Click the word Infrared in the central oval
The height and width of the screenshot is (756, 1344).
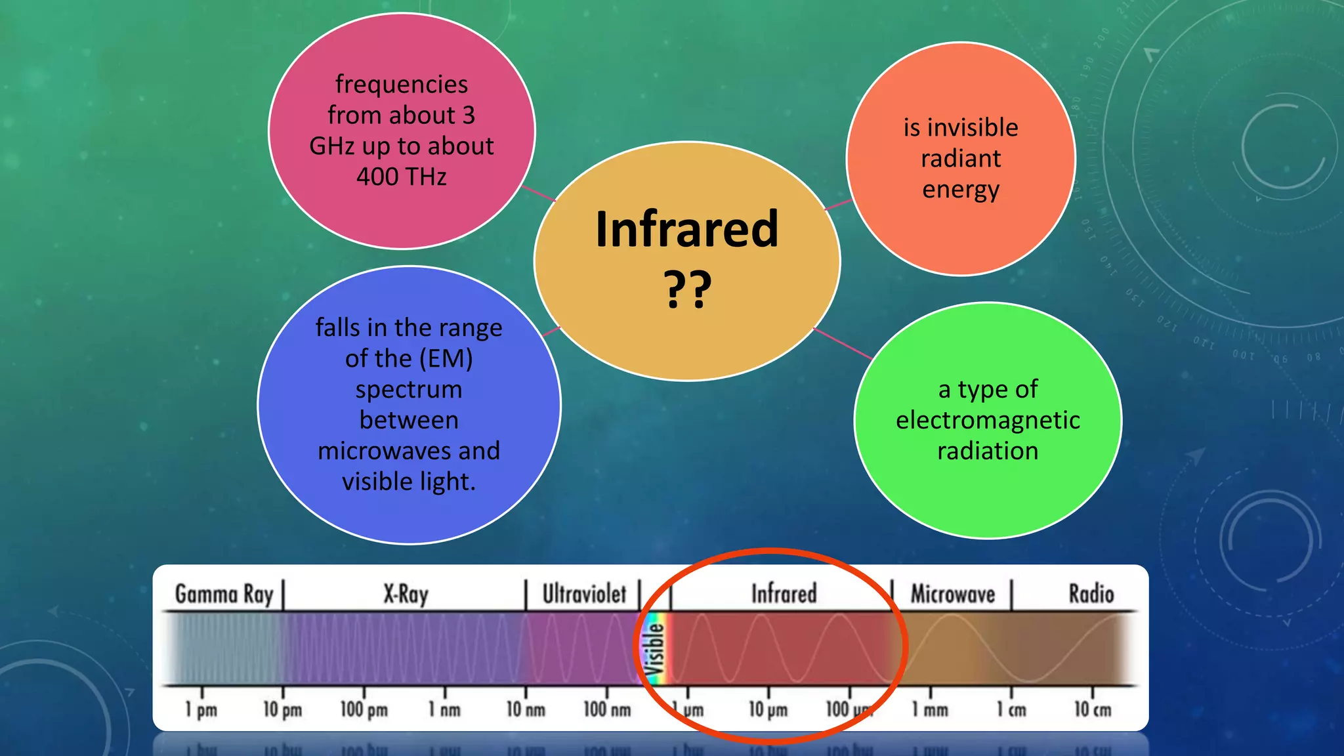pos(686,230)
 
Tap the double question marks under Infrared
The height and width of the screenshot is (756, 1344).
pos(687,289)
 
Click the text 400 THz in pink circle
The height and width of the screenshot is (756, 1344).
pos(402,177)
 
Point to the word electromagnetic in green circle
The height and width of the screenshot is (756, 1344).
pos(988,420)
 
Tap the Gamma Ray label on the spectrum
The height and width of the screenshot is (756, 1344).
pos(224,594)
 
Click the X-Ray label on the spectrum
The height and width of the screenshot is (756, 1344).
pos(406,595)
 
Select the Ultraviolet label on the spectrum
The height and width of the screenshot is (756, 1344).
pos(584,594)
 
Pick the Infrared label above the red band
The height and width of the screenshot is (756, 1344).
pos(784,594)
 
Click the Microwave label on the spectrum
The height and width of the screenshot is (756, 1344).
pos(952,595)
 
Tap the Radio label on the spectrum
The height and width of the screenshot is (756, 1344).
pos(1091,594)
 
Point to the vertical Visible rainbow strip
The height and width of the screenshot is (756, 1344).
pos(655,648)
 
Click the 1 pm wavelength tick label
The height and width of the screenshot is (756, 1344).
pos(201,709)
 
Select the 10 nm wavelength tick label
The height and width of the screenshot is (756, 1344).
pos(525,709)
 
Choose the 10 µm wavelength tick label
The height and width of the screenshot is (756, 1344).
pos(768,709)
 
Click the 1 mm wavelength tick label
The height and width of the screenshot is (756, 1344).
pos(930,709)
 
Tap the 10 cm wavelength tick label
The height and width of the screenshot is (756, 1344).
pos(1093,709)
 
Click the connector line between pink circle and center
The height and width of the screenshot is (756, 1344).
pos(538,194)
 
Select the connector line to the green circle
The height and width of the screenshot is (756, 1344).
pos(843,343)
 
